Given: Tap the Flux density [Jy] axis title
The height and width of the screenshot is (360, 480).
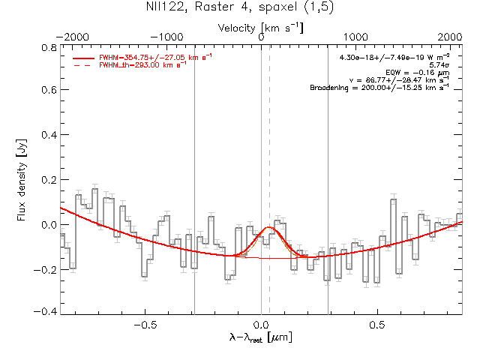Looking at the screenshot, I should pos(22,179).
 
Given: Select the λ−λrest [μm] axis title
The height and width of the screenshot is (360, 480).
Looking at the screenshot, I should pos(260,337).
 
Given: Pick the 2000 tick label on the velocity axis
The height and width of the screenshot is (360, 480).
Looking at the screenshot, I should pos(450,37).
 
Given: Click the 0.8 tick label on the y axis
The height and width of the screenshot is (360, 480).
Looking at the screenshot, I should pos(48,47).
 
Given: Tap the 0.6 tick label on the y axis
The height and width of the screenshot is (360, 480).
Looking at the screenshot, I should pos(48,91).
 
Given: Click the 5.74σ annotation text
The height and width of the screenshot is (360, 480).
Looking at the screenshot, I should pos(438,65).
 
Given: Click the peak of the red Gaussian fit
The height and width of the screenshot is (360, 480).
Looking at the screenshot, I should pos(268,226).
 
